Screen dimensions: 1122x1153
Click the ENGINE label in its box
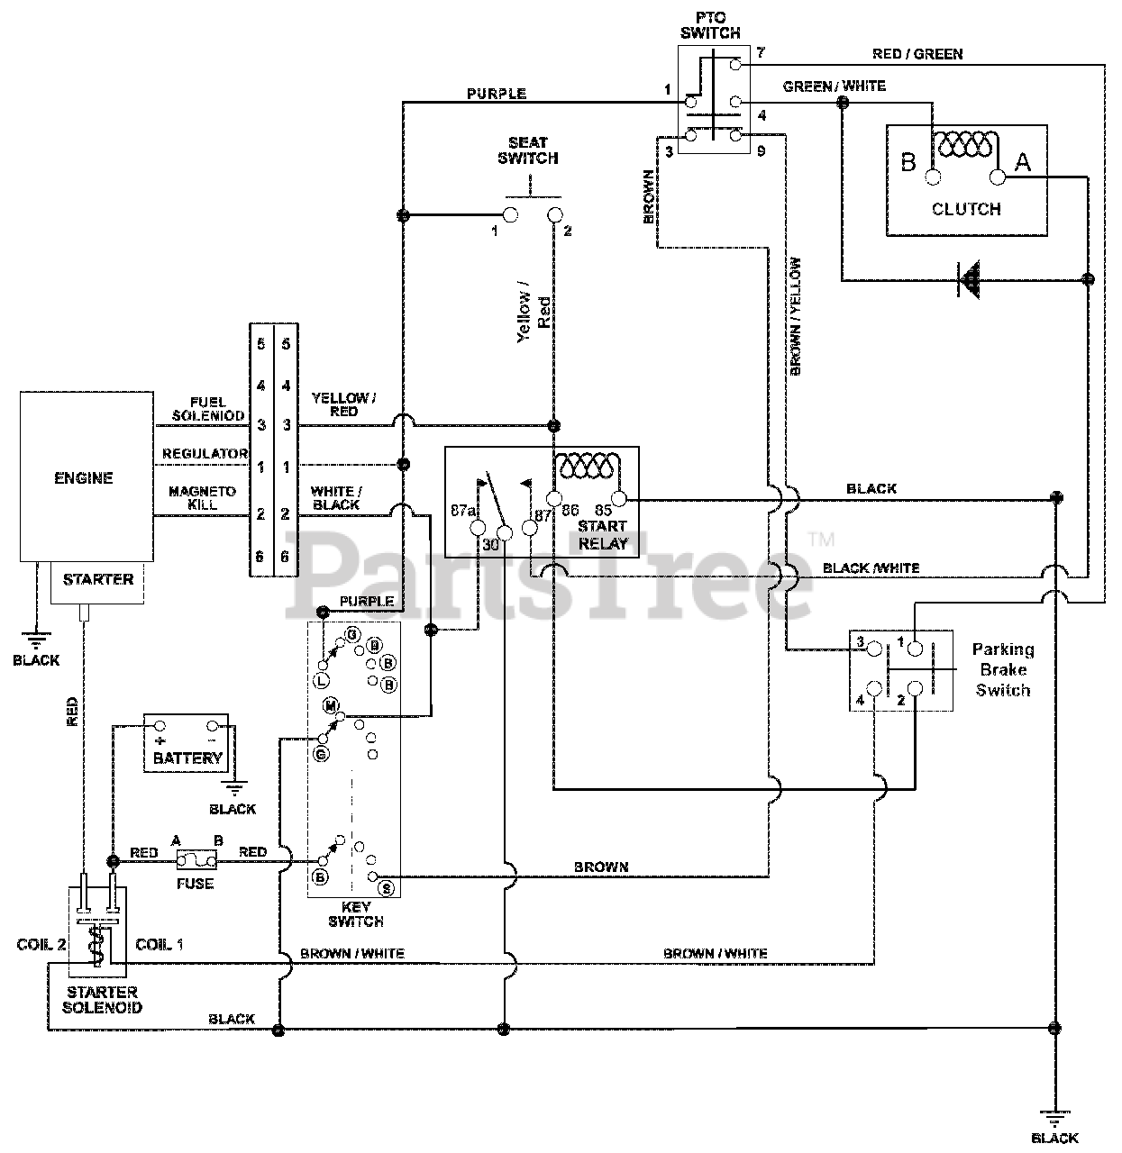click(84, 478)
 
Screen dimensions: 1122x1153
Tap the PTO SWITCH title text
click(711, 25)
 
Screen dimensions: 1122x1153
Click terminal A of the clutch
click(998, 177)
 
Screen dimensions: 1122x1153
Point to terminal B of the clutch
click(933, 177)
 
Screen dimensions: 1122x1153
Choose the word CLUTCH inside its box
click(966, 209)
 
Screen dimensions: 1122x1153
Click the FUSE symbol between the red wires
click(196, 860)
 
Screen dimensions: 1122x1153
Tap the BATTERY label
click(187, 758)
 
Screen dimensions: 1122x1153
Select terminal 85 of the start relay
click(619, 499)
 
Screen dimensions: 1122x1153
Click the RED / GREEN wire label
click(917, 55)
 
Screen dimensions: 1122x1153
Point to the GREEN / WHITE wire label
click(835, 86)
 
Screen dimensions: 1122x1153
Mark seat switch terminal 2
click(555, 214)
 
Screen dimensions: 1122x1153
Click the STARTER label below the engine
click(98, 579)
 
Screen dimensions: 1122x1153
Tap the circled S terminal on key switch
click(387, 888)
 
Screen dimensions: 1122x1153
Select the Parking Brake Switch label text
click(1003, 670)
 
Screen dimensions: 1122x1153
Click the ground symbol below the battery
click(235, 789)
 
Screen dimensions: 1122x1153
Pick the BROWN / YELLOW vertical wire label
click(796, 316)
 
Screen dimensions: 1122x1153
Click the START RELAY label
click(602, 535)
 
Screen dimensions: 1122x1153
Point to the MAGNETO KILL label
click(202, 498)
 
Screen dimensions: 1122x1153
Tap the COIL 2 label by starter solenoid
click(41, 945)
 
